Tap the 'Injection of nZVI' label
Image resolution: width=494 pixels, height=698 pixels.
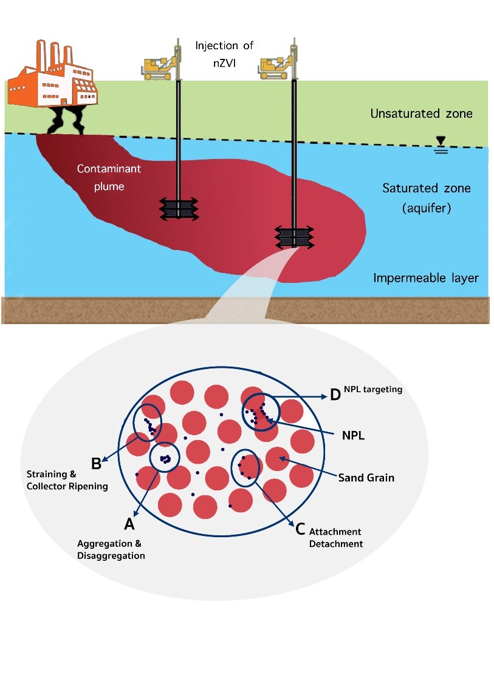(224, 52)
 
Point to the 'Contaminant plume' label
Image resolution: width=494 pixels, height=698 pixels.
(109, 177)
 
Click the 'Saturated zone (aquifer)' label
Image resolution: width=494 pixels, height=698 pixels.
(427, 198)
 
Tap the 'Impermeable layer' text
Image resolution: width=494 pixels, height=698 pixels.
(426, 279)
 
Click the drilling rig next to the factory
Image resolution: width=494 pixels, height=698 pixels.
(159, 66)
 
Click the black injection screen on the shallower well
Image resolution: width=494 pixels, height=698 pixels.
(178, 209)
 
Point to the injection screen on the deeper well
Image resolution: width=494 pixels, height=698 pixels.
(294, 237)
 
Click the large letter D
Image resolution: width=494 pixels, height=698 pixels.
(335, 396)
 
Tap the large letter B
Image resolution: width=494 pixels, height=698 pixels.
(96, 463)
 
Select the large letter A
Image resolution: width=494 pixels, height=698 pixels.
(129, 523)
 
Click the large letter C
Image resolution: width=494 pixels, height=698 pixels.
(300, 529)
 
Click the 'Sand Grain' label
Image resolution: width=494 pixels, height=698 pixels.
(366, 478)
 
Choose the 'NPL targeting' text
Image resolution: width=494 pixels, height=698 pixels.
(373, 390)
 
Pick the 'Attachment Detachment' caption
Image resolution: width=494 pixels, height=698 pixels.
(335, 538)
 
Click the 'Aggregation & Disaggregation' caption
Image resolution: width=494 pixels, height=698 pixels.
(111, 549)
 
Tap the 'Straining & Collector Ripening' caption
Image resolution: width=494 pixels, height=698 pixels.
(67, 479)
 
